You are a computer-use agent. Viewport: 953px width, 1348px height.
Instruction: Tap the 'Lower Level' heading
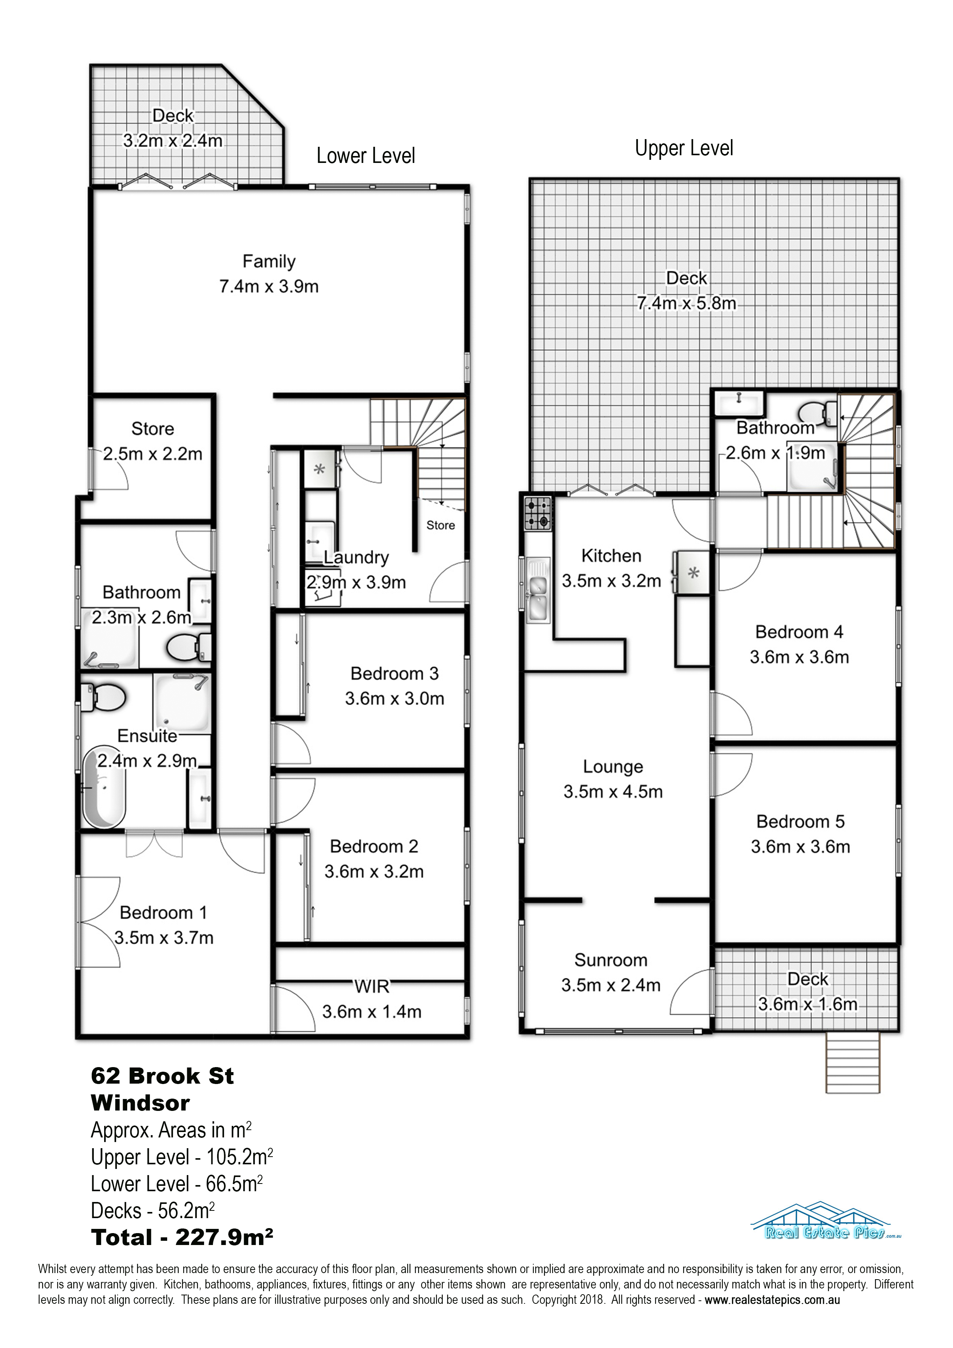[366, 156]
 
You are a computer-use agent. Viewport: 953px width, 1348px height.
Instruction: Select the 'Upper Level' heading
[684, 148]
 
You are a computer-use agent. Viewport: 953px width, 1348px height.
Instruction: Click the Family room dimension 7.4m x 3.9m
[269, 287]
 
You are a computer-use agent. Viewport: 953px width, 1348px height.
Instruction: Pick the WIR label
[372, 986]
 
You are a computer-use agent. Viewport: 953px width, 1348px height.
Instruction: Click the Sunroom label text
[611, 960]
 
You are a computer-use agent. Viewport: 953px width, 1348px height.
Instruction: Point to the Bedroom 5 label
[800, 821]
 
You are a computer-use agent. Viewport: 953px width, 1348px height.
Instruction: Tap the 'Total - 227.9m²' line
[182, 1238]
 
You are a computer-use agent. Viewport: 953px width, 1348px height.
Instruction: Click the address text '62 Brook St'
[162, 1076]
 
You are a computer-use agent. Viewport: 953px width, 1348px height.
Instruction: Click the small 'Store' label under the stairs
[440, 525]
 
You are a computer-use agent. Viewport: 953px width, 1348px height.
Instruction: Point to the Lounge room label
[613, 767]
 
